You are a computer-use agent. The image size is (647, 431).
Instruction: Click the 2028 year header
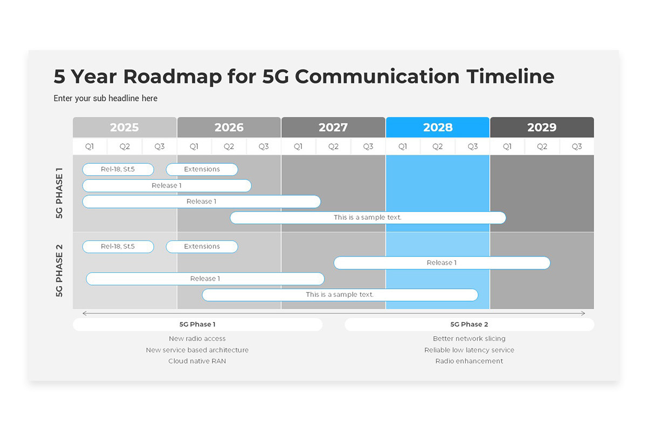pyautogui.click(x=438, y=127)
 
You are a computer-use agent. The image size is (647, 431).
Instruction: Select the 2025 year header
pyautogui.click(x=125, y=127)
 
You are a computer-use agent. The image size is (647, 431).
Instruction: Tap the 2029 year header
pyautogui.click(x=542, y=127)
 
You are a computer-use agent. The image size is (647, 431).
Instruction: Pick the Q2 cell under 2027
pyautogui.click(x=333, y=147)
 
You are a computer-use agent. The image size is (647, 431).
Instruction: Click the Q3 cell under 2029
pyautogui.click(x=577, y=147)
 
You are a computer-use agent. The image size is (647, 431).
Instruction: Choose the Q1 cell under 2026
pyautogui.click(x=194, y=147)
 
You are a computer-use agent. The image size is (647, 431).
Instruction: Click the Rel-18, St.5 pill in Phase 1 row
pyautogui.click(x=118, y=170)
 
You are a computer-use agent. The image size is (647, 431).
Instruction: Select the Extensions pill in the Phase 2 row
pyautogui.click(x=202, y=247)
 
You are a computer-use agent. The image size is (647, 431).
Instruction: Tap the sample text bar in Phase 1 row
pyautogui.click(x=368, y=218)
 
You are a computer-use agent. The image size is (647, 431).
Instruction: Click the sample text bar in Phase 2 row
pyautogui.click(x=340, y=295)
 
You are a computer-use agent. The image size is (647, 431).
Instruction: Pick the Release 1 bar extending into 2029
pyautogui.click(x=442, y=263)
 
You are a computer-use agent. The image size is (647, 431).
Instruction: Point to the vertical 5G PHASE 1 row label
pyautogui.click(x=59, y=193)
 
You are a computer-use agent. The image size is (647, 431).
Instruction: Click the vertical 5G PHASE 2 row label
pyautogui.click(x=59, y=271)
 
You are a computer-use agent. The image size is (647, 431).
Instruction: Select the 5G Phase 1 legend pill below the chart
pyautogui.click(x=197, y=324)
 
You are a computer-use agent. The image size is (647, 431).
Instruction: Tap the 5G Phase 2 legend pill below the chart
pyautogui.click(x=470, y=324)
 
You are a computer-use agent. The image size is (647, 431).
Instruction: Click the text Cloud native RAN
pyautogui.click(x=197, y=361)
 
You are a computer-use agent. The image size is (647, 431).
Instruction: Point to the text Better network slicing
pyautogui.click(x=470, y=339)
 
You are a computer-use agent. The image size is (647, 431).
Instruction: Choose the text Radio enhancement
pyautogui.click(x=470, y=361)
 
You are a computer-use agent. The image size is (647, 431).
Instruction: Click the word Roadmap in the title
pyautogui.click(x=173, y=77)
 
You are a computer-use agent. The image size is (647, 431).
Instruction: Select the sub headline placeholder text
pyautogui.click(x=106, y=99)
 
